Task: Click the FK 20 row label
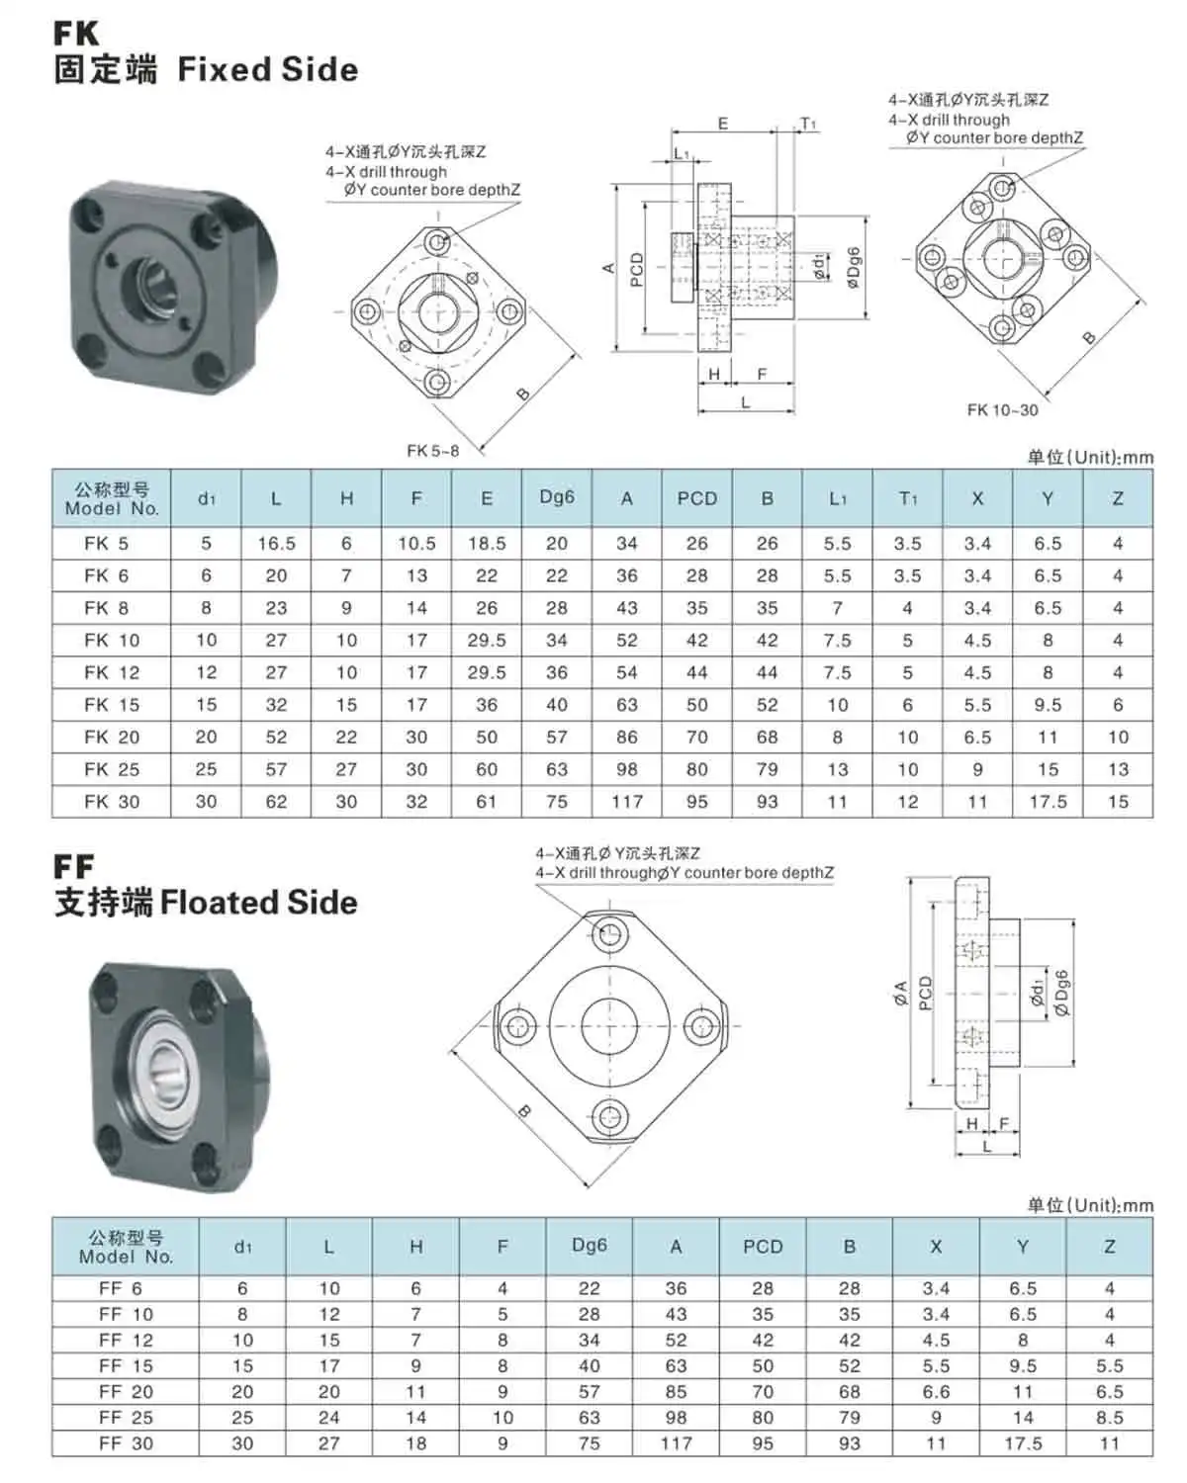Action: [111, 737]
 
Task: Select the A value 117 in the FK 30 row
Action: [626, 802]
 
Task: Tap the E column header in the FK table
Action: [487, 498]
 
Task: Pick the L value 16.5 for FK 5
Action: [276, 544]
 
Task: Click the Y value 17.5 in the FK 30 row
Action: [1047, 802]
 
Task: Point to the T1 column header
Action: [907, 498]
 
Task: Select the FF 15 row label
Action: [126, 1365]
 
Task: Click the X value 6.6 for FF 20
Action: [935, 1391]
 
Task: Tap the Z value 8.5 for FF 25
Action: [1109, 1417]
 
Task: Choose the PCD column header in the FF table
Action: [762, 1246]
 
